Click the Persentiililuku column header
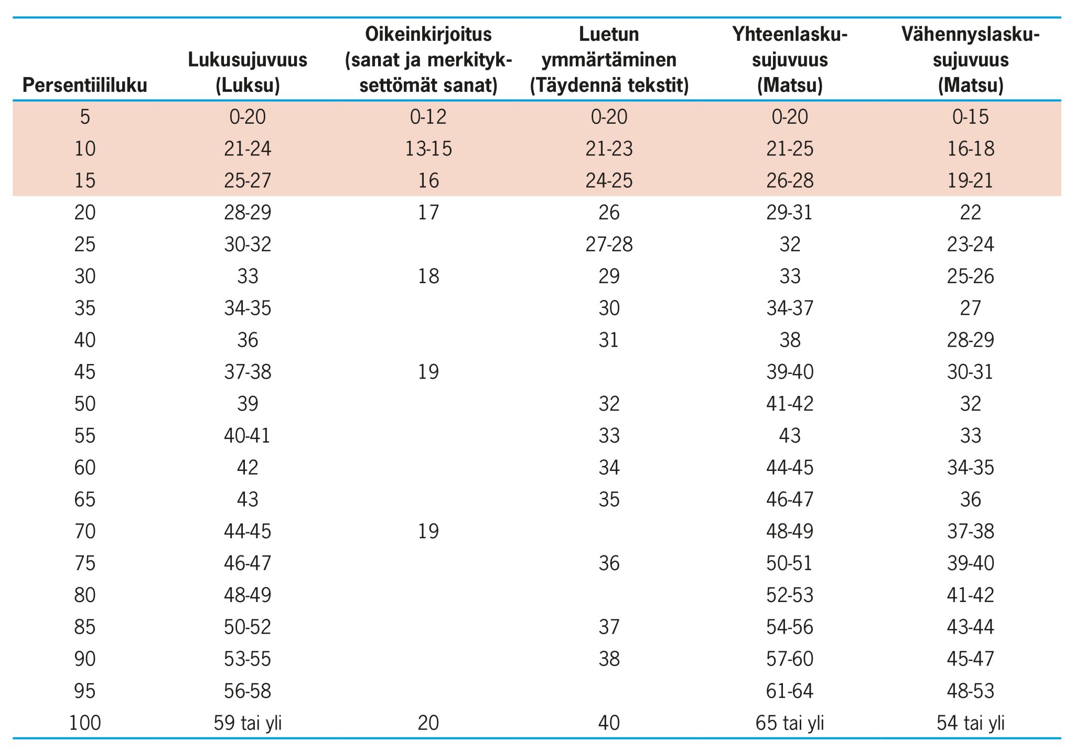point(85,85)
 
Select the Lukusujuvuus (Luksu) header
point(248,72)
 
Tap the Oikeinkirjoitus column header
point(428,60)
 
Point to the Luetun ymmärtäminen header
point(609,60)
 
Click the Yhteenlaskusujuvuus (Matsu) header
point(790,60)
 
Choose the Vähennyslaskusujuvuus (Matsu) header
point(970,60)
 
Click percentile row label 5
point(85,116)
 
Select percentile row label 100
point(85,723)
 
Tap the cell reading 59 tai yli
point(248,723)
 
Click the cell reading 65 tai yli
point(790,723)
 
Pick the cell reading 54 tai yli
point(970,723)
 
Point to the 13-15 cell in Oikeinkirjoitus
point(428,149)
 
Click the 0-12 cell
point(428,116)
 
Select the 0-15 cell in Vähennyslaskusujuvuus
point(970,116)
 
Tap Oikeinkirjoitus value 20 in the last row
point(428,723)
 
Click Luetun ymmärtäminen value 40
point(609,723)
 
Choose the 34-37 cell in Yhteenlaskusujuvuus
point(790,308)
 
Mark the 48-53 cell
point(970,691)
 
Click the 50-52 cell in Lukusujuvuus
point(248,627)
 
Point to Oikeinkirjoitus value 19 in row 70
point(428,531)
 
